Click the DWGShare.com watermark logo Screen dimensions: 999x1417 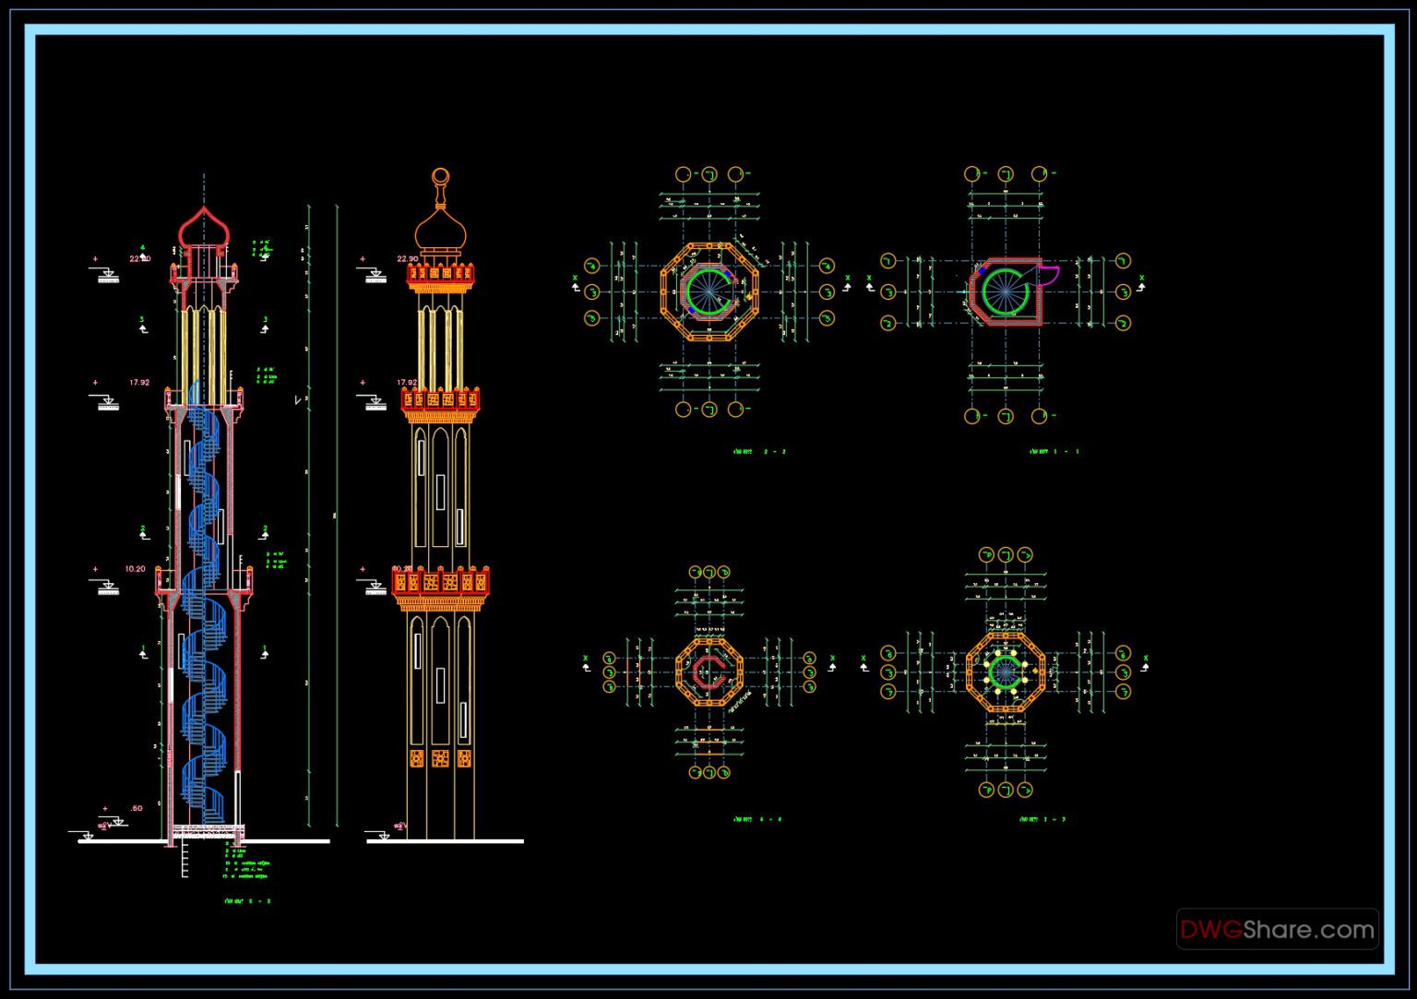1277,929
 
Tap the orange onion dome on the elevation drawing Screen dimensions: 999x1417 440,228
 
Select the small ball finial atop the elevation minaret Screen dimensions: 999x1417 441,175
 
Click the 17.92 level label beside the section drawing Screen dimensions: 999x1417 138,382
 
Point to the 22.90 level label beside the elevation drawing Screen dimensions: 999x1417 408,259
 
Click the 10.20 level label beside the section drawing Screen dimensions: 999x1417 135,569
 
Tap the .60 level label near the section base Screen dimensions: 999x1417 137,809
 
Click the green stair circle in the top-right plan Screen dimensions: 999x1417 1005,292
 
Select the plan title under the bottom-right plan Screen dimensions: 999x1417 1042,819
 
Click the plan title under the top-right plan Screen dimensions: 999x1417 1053,452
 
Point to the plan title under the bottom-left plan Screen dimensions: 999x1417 756,819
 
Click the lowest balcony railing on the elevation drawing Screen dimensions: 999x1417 441,582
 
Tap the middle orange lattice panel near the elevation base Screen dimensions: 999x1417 441,758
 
